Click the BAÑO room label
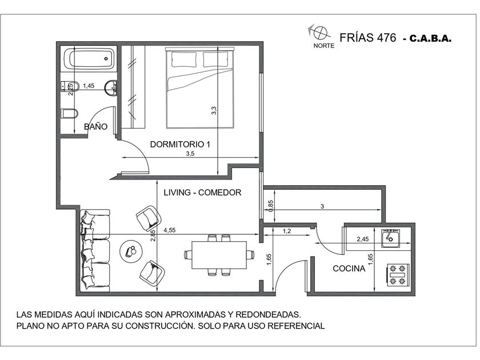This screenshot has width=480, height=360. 95,126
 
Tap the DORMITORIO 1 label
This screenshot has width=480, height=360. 180,144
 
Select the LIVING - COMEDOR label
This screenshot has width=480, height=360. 202,192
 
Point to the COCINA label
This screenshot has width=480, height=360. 349,269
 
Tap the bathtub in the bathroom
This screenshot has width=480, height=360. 89,58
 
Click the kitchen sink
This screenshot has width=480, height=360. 391,238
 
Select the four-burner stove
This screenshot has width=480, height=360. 398,275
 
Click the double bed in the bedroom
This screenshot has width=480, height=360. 200,87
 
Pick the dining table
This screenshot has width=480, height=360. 219,255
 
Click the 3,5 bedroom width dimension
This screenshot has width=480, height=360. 190,154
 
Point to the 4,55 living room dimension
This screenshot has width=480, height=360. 170,230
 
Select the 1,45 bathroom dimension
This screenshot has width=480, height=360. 89,86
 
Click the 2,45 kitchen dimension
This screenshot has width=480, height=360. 363,239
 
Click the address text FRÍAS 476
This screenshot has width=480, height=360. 367,37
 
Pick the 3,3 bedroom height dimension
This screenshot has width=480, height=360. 214,110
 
